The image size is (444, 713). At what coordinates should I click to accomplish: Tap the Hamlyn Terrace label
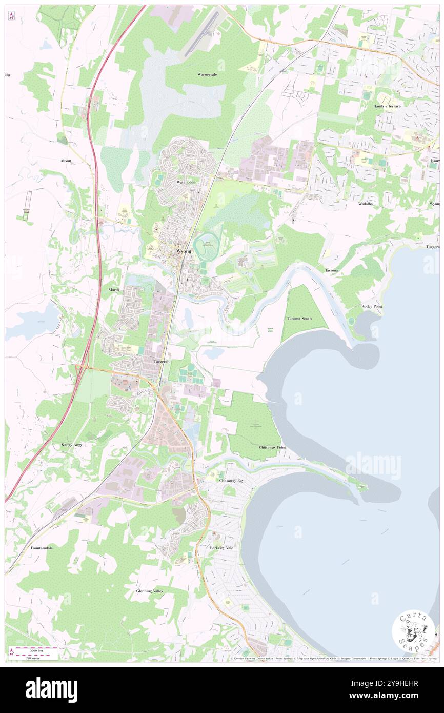[x=387, y=106]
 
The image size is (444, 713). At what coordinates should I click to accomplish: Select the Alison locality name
[x=66, y=161]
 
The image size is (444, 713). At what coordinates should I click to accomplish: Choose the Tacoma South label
[x=299, y=319]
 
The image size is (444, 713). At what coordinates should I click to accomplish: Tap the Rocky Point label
[x=371, y=306]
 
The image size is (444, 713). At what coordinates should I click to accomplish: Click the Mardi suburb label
[x=114, y=289]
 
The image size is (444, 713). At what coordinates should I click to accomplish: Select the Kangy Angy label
[x=71, y=444]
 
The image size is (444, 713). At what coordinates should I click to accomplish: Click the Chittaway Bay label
[x=231, y=480]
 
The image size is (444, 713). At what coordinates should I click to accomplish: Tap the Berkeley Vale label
[x=221, y=548]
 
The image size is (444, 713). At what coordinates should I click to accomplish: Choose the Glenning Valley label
[x=150, y=591]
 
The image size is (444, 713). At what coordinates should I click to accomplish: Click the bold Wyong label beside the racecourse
[x=184, y=251]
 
